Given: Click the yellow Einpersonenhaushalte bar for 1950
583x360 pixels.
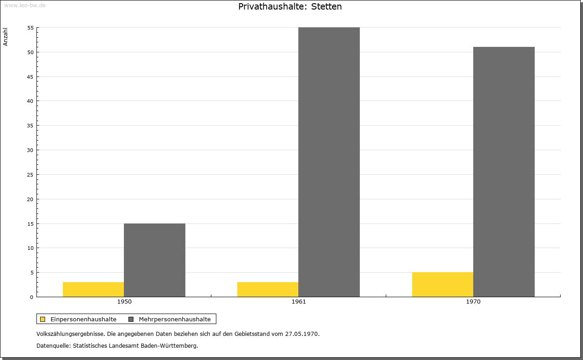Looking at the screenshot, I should pos(93,289).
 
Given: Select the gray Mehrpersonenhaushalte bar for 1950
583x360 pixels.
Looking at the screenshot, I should pos(154,260).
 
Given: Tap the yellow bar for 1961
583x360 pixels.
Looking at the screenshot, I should pos(268,289).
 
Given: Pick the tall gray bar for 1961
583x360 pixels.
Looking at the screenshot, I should pos(329,162).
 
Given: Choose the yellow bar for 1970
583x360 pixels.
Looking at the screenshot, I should pos(443,284).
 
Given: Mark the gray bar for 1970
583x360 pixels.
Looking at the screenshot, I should pos(504,172).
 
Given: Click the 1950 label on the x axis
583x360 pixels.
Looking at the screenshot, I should pos(124,302).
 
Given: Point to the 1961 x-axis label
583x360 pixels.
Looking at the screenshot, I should pos(299,302).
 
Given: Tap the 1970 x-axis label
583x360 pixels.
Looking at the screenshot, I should pos(473,302).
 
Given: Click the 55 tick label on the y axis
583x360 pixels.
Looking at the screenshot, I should pos(31,28).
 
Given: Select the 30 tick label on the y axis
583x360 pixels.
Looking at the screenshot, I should pos(31,150).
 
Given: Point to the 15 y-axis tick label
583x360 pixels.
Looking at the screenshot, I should pos(31,224).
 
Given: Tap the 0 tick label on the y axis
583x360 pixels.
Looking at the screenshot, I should pos(32,297).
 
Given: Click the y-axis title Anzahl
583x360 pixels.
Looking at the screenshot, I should pos(5,37).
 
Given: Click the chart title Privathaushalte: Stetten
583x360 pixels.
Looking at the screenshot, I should pos(290,6).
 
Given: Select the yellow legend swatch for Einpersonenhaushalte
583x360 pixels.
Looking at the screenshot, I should pos(43,319).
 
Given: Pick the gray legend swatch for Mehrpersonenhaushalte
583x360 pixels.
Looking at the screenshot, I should pos(131,319).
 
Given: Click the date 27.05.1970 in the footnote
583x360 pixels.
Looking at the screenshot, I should pos(302,334).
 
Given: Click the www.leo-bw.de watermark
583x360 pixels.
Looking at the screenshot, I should pos(25,5).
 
